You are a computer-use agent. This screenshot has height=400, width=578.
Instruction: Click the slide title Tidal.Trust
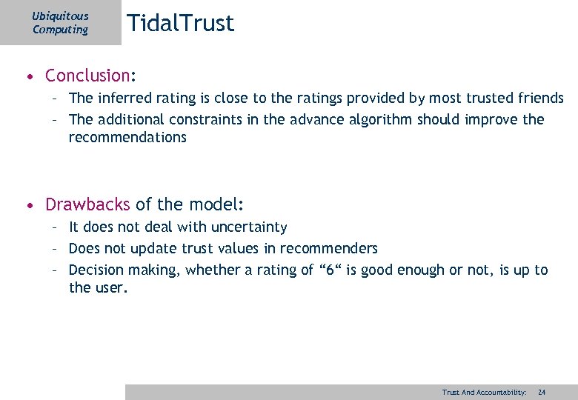point(180,23)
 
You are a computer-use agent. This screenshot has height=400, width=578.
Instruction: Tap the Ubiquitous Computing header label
point(60,23)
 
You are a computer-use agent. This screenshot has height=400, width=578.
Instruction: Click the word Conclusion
point(87,76)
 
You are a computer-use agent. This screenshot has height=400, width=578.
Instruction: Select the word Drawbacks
point(87,204)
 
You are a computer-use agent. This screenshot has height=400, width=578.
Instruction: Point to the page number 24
point(542,392)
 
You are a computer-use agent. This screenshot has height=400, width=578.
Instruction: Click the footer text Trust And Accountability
point(484,392)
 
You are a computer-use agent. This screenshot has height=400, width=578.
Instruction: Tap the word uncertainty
point(248,227)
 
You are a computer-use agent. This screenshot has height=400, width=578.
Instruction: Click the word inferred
point(127,98)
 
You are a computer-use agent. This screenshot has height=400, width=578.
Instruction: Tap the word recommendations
point(127,137)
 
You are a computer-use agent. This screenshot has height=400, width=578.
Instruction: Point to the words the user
point(98,287)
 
